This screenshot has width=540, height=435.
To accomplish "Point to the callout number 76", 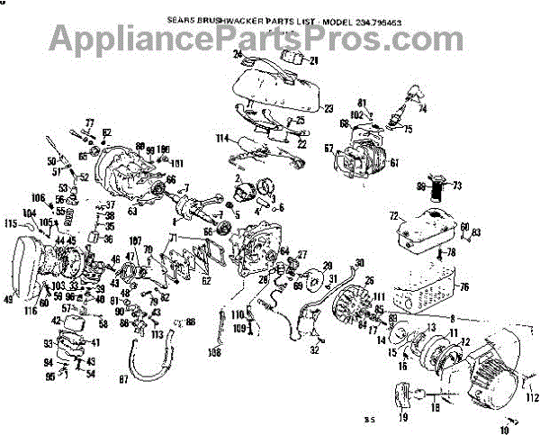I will [464, 288].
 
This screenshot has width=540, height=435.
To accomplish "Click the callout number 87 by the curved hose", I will [123, 380].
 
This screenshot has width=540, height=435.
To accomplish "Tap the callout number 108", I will [215, 351].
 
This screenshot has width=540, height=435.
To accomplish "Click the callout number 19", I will [402, 418].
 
